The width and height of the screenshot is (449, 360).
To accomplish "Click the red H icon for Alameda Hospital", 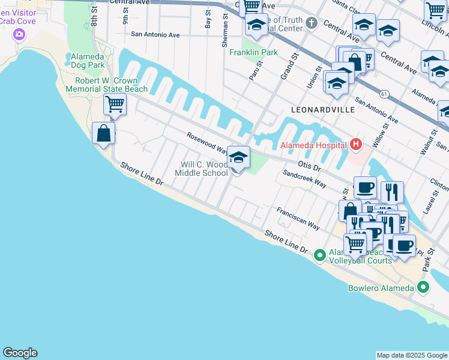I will [x=356, y=145].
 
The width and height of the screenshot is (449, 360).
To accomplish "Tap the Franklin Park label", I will [x=253, y=52].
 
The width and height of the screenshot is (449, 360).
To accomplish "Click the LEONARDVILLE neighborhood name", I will [x=322, y=110].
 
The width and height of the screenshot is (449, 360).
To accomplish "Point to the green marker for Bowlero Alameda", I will [x=423, y=287].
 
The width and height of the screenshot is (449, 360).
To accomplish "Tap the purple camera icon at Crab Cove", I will [x=19, y=35].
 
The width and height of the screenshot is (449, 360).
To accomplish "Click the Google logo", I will [x=20, y=353].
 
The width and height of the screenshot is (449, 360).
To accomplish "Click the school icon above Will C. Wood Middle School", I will [x=239, y=158].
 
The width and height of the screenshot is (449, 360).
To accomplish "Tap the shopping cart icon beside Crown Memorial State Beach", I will [x=115, y=104].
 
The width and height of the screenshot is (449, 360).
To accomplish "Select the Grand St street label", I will [x=290, y=65].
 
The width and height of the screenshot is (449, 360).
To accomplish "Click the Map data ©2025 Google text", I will [x=412, y=355].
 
